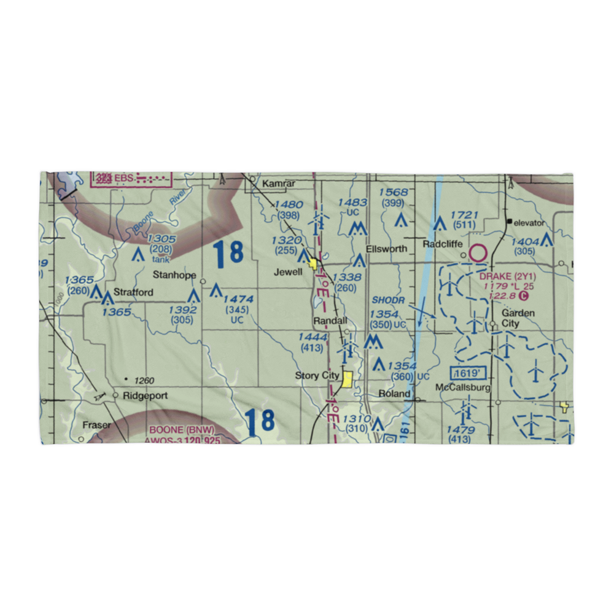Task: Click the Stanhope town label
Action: pos(174,275)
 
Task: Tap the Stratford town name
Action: pos(133,292)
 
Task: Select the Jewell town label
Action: pos(288,272)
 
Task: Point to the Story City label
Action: pos(317,376)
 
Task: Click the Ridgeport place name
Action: pos(145,396)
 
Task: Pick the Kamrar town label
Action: pos(279,184)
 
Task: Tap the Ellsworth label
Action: pos(386,249)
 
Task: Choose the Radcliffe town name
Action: pos(443,244)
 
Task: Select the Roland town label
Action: pos(394,393)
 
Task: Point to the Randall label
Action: pos(330,321)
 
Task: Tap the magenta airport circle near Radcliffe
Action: pos(478,252)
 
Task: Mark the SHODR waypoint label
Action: pos(388,300)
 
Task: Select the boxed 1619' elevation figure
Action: pos(464,373)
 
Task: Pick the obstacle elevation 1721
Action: pos(464,215)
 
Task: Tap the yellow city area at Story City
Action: pos(348,379)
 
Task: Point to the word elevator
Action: pos(529,222)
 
